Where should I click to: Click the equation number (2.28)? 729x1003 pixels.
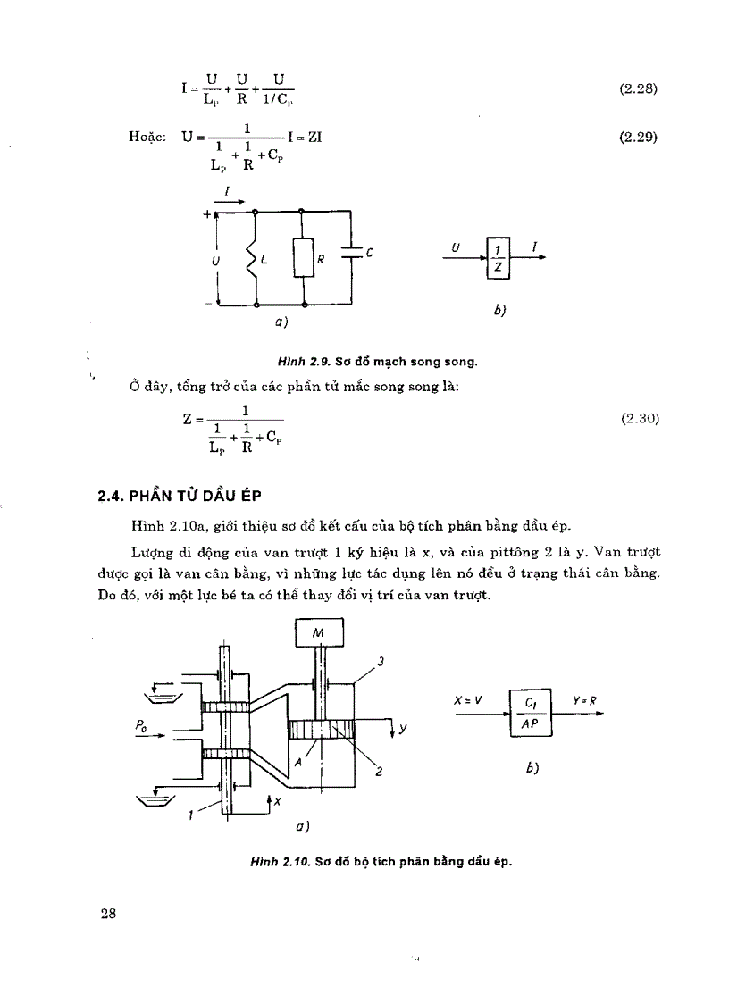638,89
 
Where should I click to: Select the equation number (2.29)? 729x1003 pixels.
638,139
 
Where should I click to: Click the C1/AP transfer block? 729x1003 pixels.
531,714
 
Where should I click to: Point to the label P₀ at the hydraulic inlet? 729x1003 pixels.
141,727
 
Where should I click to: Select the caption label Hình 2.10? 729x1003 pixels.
281,863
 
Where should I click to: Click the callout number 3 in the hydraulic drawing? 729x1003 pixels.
380,662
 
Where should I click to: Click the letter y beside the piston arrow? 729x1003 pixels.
404,728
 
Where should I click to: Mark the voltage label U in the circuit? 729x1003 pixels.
214,259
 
